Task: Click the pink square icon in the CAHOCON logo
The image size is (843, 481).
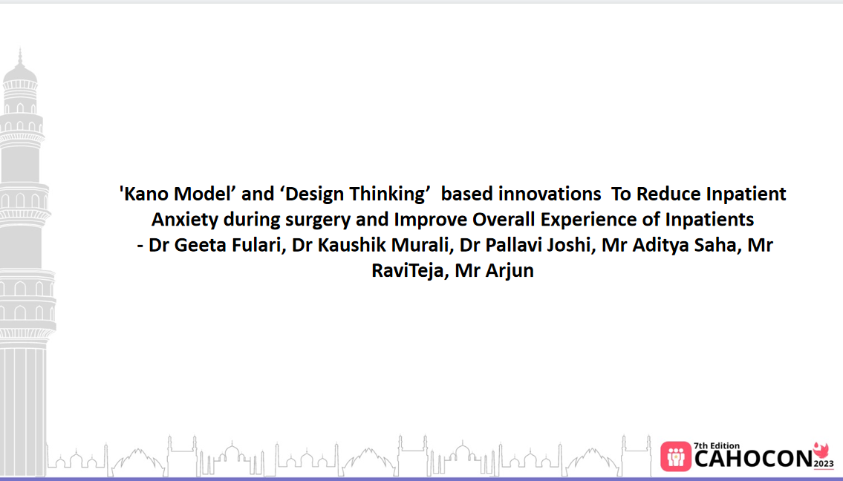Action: coord(676,457)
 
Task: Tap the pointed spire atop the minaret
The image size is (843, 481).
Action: coord(20,56)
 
